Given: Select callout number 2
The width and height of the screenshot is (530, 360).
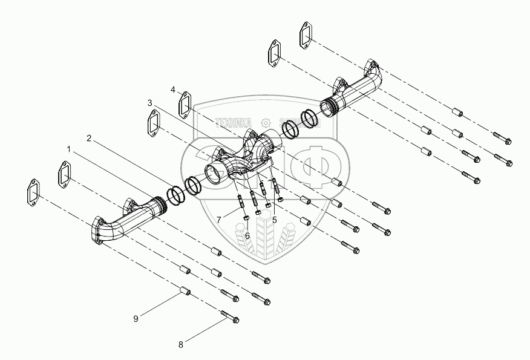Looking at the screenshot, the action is [89, 138].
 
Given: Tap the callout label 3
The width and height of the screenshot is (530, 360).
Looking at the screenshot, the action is [149, 103].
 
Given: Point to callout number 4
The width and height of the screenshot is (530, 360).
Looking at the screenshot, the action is [173, 90].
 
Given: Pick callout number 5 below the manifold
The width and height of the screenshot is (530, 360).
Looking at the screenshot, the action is [274, 219].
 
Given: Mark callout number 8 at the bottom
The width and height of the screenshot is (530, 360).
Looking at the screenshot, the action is [180, 345].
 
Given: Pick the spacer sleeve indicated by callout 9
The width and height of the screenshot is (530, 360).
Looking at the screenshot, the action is [184, 293].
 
